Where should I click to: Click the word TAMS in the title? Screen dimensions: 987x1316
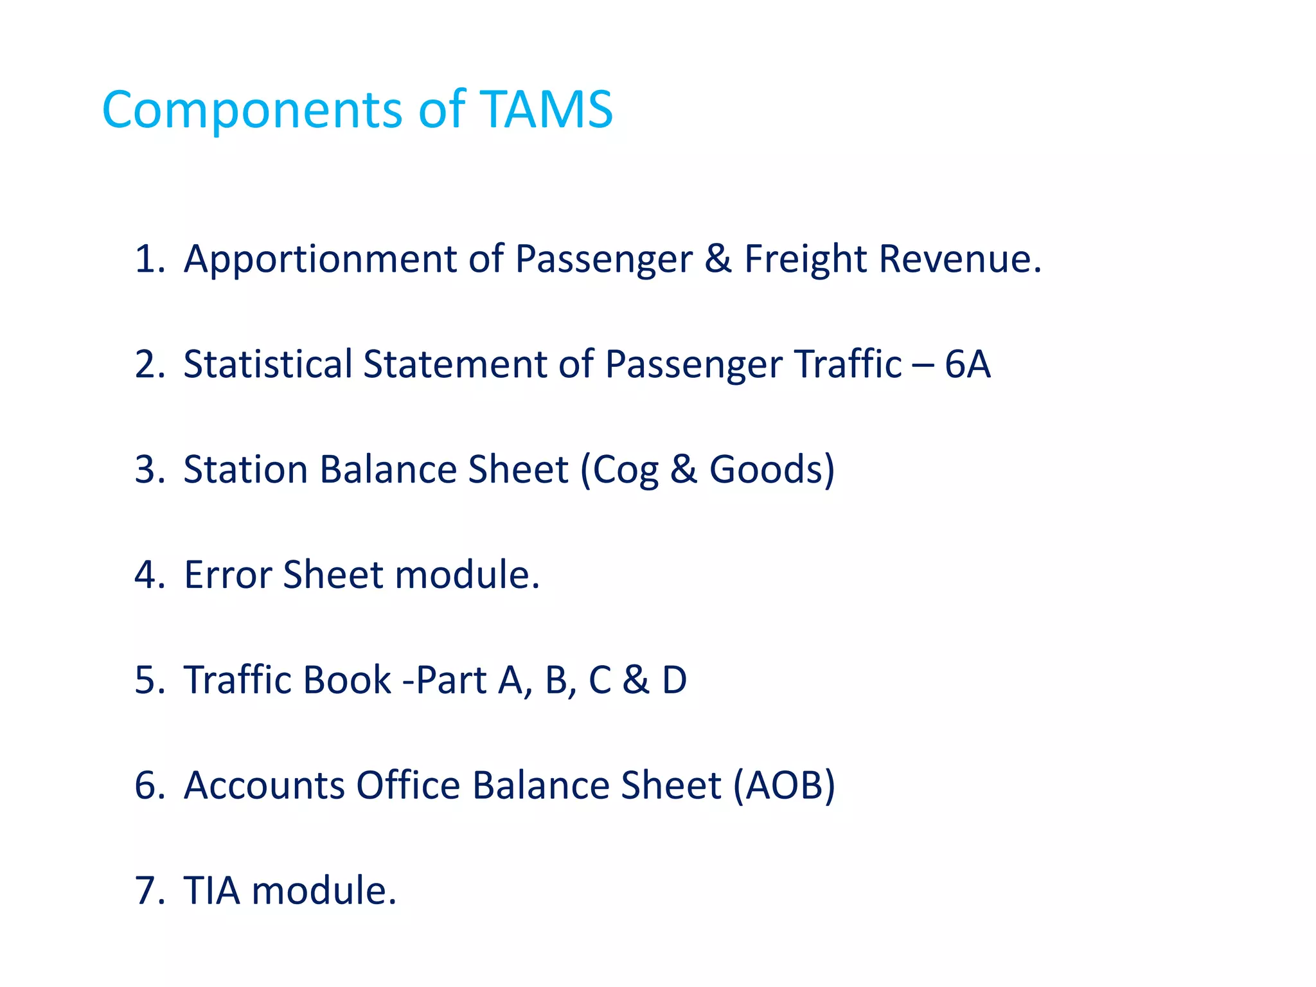click(546, 110)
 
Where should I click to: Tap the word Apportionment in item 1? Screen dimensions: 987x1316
click(320, 259)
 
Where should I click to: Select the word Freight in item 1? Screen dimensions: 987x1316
click(805, 259)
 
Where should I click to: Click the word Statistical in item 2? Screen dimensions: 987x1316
click(267, 364)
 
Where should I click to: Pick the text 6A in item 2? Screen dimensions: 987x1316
click(967, 364)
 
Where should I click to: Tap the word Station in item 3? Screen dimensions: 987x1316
click(245, 470)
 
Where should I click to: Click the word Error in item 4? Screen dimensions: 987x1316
click(227, 574)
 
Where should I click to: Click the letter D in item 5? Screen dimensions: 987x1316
click(675, 680)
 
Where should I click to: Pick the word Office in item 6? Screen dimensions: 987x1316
click(408, 785)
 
